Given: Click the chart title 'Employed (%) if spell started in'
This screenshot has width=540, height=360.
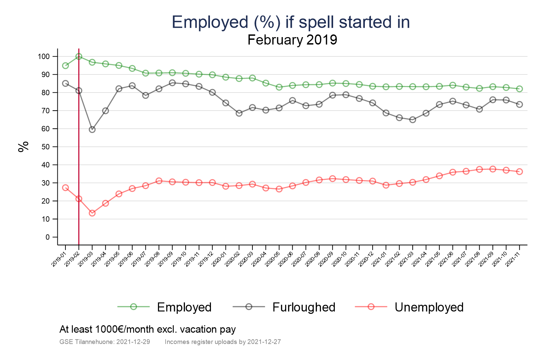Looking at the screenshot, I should (x=291, y=22).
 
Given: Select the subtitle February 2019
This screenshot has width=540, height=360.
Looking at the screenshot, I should (x=292, y=40).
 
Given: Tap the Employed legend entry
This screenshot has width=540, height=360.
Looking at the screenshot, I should (x=184, y=307).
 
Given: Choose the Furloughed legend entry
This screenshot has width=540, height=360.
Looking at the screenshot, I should (x=303, y=307).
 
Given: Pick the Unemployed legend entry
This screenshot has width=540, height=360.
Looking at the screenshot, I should (x=429, y=307).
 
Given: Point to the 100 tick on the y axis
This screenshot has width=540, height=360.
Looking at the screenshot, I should (x=44, y=56).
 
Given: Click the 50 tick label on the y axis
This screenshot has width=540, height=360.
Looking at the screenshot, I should (x=46, y=147).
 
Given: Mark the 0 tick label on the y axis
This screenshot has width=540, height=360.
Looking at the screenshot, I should (x=48, y=237).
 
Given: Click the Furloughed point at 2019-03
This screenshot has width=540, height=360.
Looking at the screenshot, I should (x=92, y=130).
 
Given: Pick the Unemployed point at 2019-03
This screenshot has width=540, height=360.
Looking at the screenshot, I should (x=92, y=213).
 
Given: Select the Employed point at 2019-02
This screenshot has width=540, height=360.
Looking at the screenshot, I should (x=79, y=56).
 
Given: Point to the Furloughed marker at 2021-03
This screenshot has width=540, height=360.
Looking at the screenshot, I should (x=412, y=120).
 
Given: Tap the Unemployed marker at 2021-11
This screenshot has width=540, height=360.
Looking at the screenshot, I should (x=519, y=171).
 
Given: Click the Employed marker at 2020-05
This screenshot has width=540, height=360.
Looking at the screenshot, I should (x=279, y=87).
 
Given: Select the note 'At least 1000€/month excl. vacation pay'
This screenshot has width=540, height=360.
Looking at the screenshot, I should (x=147, y=329).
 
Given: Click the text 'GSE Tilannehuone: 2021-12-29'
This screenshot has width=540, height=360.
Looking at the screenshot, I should (x=105, y=342).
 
